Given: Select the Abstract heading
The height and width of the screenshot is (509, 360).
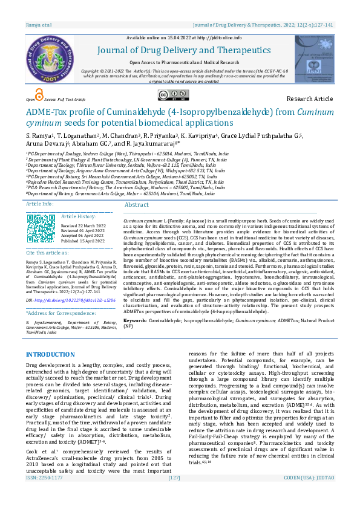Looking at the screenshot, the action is (x=136, y=206).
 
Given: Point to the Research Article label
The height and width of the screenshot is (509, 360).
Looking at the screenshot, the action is (x=310, y=99).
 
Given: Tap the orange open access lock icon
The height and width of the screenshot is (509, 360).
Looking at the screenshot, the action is (x=39, y=94).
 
